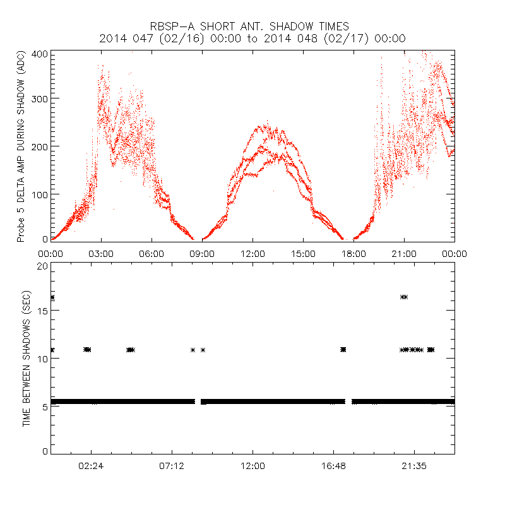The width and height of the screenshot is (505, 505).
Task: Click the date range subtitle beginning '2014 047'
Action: tap(252, 39)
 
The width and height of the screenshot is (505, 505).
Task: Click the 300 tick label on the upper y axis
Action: tap(41, 98)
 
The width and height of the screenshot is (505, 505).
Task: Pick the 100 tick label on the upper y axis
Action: tap(41, 194)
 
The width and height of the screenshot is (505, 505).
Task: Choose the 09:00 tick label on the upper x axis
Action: tap(202, 253)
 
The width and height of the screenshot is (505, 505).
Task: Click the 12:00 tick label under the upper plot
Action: tap(252, 253)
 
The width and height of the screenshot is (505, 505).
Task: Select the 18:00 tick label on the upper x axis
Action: tap(353, 253)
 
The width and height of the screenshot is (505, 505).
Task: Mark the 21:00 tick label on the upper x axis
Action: tap(404, 253)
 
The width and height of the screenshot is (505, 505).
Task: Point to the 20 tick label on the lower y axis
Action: tap(42, 266)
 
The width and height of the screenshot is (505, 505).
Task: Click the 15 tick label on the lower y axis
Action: tap(42, 312)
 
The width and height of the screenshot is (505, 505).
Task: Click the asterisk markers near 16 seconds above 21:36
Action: tap(404, 297)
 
